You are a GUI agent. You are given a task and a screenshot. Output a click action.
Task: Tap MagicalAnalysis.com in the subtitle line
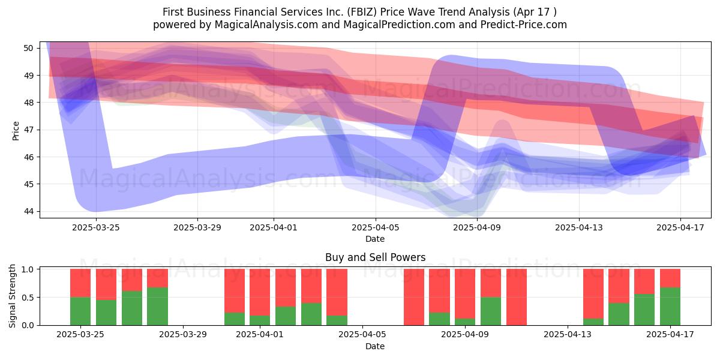point(266,25)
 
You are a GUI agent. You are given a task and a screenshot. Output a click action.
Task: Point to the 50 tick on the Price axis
point(28,48)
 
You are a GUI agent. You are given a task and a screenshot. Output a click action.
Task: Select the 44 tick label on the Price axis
point(28,211)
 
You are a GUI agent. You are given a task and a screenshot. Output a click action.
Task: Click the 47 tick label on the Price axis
point(28,130)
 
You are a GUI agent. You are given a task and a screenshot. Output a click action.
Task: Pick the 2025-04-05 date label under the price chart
point(375,227)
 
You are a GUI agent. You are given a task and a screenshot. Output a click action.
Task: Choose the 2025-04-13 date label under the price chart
point(579,227)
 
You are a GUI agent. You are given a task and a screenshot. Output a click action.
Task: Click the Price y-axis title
point(16,131)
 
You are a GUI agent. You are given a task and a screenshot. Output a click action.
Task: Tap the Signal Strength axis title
point(12,296)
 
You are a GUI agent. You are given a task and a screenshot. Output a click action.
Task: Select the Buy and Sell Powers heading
point(375,257)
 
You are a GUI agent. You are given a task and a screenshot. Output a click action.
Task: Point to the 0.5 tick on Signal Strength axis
point(28,298)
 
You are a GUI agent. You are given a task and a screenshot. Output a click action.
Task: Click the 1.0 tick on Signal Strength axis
point(28,269)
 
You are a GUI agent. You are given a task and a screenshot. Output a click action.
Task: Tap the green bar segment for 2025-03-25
point(80,311)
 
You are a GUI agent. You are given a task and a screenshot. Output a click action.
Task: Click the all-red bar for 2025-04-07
point(413,297)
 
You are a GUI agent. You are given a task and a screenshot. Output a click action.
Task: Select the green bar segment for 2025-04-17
point(670,307)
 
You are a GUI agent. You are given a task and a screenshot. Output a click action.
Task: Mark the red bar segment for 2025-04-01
point(260,292)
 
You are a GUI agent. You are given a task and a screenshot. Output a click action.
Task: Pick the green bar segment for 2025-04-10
point(491,311)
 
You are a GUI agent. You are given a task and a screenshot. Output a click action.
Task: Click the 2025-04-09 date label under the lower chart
point(465,335)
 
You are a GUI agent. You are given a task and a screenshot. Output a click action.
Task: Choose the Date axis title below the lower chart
point(375,346)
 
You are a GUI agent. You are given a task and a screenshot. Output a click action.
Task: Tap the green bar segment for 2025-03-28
point(157,307)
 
